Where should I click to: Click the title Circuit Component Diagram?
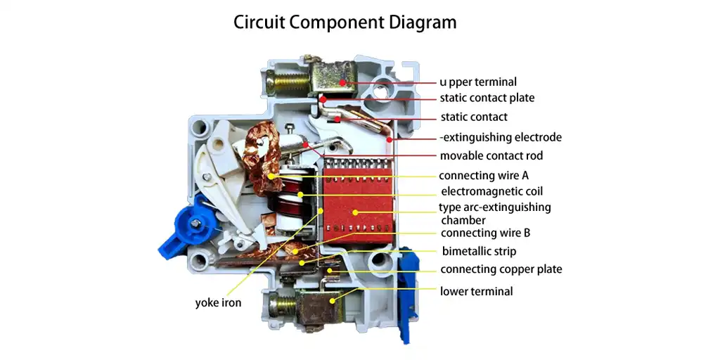coord(345,22)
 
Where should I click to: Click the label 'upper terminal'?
coord(478,82)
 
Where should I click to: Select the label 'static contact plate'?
coord(487,98)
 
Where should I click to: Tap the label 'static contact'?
coord(473,117)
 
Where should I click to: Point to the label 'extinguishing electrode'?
coord(501,137)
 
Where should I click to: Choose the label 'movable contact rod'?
coord(491,155)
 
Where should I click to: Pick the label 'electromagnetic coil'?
coord(491,191)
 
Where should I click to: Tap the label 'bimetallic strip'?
coord(479,251)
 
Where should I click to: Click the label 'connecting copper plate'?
coord(501,269)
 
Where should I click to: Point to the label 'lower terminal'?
coord(476,291)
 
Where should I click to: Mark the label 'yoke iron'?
coord(218,303)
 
